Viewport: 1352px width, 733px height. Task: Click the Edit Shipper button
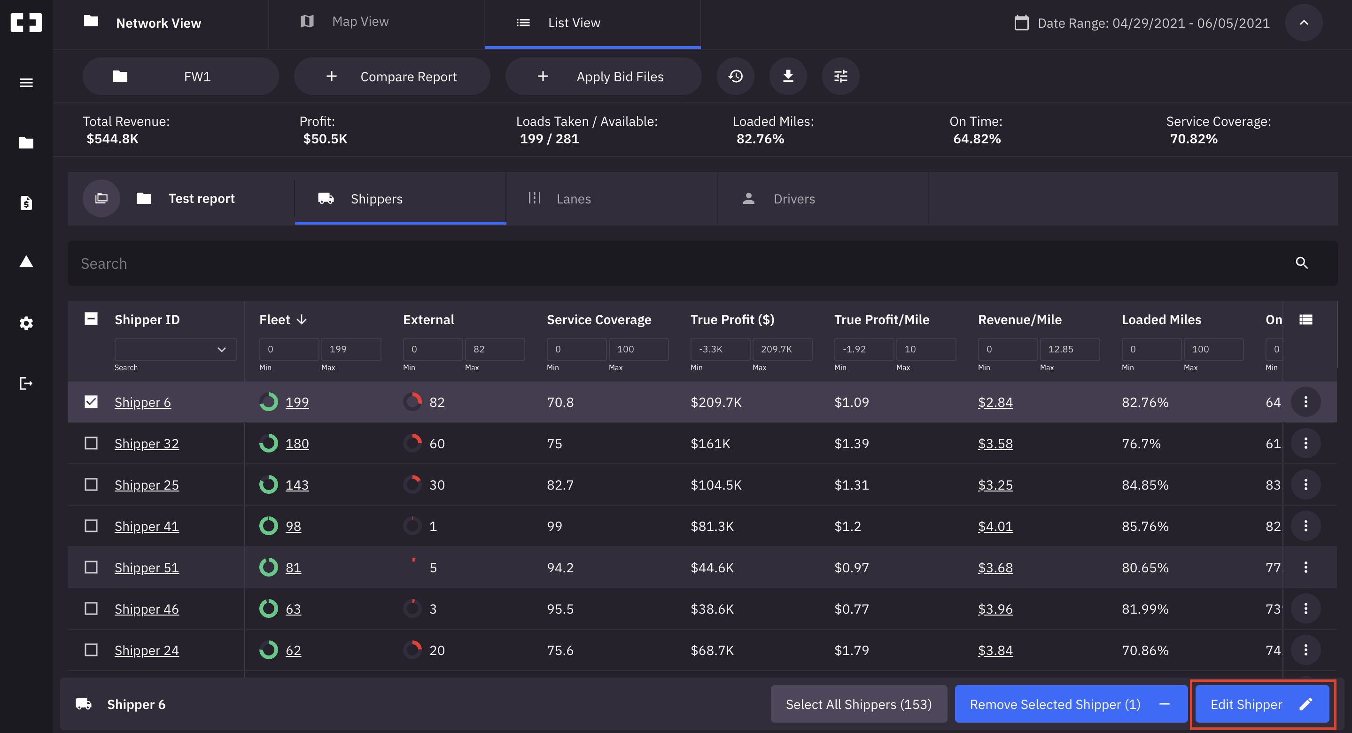[x=1261, y=704]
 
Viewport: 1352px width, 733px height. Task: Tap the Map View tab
[x=360, y=22]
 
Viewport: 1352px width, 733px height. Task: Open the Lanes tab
[x=573, y=199]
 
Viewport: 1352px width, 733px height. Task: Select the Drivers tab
[x=793, y=199]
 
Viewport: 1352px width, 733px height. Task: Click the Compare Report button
[x=392, y=77]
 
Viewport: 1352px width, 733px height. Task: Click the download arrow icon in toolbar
[x=788, y=77]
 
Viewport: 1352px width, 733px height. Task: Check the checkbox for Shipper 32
[x=91, y=443]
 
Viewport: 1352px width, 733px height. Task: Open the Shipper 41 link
[x=147, y=526]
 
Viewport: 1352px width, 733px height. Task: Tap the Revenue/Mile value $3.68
[x=995, y=568]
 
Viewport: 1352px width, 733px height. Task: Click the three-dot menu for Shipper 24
[x=1305, y=650]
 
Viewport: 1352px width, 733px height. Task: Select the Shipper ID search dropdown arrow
[x=221, y=350]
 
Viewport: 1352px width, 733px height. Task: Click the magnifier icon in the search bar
[x=1301, y=263]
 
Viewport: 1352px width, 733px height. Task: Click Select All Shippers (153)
[x=859, y=704]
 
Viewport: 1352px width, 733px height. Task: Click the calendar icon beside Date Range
[x=1021, y=23]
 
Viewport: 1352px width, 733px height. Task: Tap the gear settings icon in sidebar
[x=26, y=323]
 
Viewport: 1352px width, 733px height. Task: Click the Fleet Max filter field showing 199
[x=350, y=349]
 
